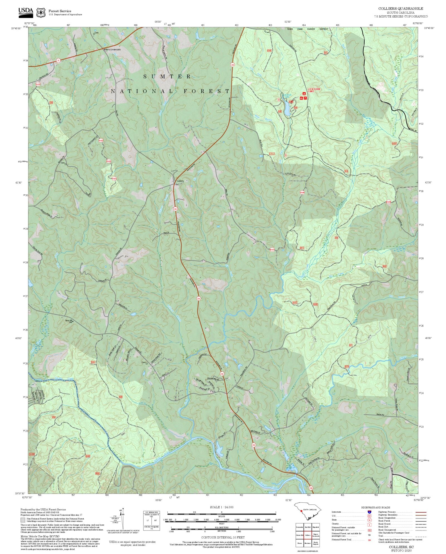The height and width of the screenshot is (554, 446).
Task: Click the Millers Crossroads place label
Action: pyautogui.click(x=112, y=49)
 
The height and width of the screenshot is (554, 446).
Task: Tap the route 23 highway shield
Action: pyautogui.click(x=58, y=60)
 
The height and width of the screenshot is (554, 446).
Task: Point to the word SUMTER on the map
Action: pyautogui.click(x=167, y=76)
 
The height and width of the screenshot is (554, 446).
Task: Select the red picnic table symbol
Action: pyautogui.click(x=306, y=98)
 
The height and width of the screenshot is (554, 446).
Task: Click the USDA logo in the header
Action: pyautogui.click(x=26, y=12)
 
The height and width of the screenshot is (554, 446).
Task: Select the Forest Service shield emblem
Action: pyautogui.click(x=41, y=13)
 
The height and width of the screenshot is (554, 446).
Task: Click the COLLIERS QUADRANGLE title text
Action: pyautogui.click(x=401, y=9)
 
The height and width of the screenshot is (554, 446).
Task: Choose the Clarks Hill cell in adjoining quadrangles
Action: pyautogui.click(x=300, y=535)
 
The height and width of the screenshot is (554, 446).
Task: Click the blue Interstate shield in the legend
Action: pyautogui.click(x=369, y=512)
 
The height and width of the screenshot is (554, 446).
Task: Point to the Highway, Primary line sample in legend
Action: pyautogui.click(x=421, y=512)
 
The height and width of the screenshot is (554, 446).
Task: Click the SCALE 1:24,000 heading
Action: pyautogui.click(x=222, y=507)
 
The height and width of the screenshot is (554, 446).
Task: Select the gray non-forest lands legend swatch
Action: pyautogui.click(x=23, y=520)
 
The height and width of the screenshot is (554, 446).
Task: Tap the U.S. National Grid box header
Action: pyautogui.click(x=152, y=512)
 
